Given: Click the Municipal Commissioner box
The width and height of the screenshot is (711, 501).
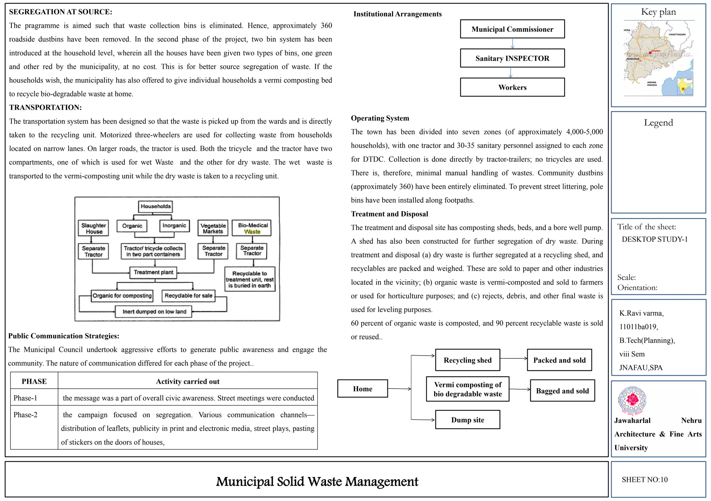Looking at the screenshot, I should click(x=512, y=29).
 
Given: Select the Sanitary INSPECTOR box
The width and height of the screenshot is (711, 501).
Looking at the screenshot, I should click(x=512, y=58).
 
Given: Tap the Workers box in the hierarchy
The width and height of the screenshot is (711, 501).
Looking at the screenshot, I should click(x=512, y=87).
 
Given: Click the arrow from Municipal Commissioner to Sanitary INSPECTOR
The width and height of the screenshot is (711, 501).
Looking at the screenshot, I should click(x=512, y=43).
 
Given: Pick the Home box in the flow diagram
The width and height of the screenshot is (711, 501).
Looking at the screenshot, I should click(x=362, y=389).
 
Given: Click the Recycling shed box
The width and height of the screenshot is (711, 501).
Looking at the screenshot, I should click(x=467, y=360).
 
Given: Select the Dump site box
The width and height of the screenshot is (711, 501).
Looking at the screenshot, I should click(x=467, y=420).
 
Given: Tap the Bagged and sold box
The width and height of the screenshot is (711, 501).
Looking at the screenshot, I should click(x=562, y=391).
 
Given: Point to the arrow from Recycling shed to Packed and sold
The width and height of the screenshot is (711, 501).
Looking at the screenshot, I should click(x=513, y=358).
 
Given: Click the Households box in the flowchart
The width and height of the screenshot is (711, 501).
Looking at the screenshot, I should click(x=156, y=206).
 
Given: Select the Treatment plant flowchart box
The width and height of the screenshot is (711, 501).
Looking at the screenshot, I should click(x=153, y=272).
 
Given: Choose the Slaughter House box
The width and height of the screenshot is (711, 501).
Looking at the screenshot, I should click(x=93, y=228).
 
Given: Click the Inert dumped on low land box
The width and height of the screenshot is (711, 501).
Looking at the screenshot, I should click(x=154, y=312).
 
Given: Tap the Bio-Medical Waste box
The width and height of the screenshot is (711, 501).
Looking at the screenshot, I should click(x=252, y=228).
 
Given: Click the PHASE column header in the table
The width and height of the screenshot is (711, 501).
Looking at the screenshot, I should click(x=34, y=381).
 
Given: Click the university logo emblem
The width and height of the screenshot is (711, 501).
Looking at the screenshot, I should click(x=632, y=400).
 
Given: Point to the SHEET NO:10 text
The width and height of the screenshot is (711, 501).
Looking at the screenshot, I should click(x=644, y=479).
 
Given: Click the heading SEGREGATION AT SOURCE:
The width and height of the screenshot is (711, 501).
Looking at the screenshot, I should click(x=60, y=12).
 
